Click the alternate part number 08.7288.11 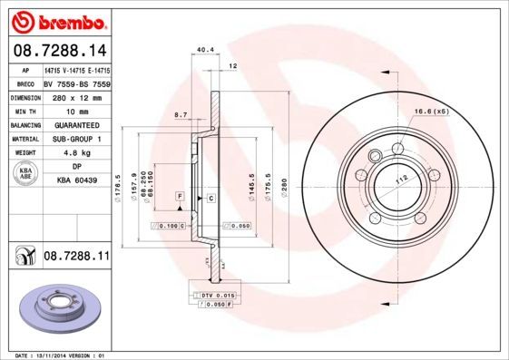(76, 258)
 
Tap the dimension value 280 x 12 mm (75, 97)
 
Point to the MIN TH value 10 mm (75, 111)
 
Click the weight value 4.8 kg (76, 153)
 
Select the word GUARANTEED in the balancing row (76, 125)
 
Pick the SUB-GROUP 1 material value (76, 139)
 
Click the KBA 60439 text (76, 181)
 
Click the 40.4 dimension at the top (205, 51)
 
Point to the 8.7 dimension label (180, 115)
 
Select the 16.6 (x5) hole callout (432, 111)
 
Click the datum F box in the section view (180, 197)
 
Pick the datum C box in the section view (210, 197)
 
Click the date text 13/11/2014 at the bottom (58, 355)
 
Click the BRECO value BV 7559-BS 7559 (76, 83)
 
